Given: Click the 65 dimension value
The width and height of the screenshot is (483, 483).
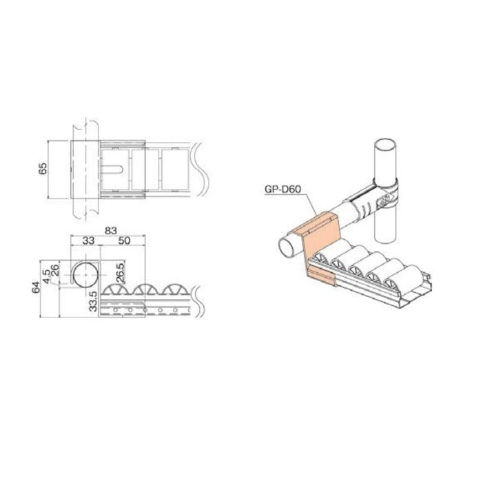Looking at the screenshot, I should [x=43, y=168].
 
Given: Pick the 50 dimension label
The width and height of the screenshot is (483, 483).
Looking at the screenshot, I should [x=125, y=242].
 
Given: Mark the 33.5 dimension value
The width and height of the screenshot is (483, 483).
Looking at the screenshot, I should [x=94, y=303].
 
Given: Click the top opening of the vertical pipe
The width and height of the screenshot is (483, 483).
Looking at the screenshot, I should [x=385, y=147].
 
